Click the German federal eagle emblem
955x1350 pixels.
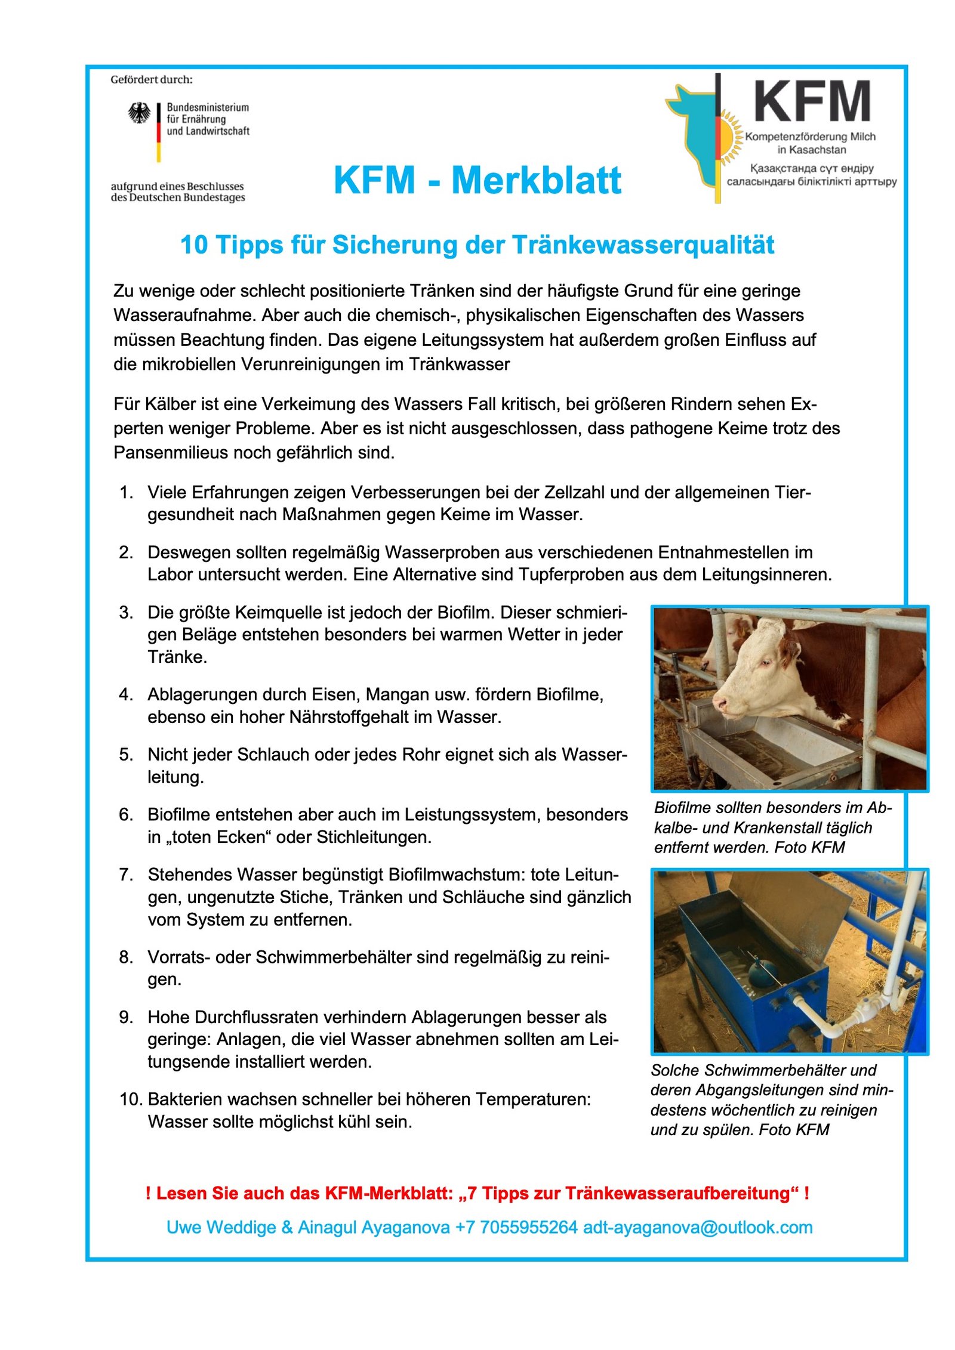click(139, 113)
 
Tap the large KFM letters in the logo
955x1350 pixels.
click(812, 102)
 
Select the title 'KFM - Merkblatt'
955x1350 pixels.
click(477, 180)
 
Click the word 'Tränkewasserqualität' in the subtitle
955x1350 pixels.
click(643, 245)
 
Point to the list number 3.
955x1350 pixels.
click(126, 613)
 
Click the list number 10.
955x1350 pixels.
click(130, 1099)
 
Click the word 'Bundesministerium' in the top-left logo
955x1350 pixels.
click(208, 107)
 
